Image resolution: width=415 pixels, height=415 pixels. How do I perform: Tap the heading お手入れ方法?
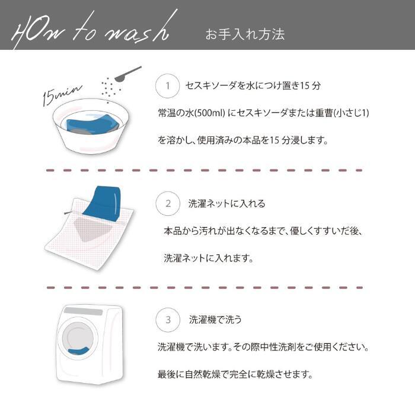(x=245, y=34)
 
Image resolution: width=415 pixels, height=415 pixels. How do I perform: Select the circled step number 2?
(x=168, y=203)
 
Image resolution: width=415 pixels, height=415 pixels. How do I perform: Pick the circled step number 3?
(x=168, y=320)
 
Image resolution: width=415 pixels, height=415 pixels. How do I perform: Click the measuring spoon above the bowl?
(x=127, y=74)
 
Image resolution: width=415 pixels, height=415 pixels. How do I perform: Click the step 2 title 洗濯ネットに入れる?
(x=226, y=203)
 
